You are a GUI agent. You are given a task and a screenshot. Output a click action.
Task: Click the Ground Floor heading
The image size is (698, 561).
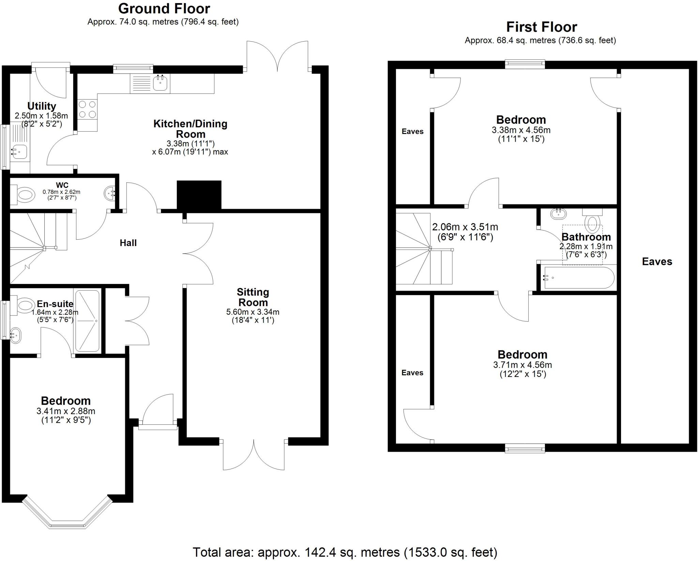click(164, 9)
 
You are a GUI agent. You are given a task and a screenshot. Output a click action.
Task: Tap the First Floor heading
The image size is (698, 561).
click(542, 27)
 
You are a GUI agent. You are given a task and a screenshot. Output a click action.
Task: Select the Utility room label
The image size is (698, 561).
click(42, 106)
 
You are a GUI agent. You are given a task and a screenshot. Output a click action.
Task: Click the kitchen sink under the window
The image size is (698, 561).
click(160, 83)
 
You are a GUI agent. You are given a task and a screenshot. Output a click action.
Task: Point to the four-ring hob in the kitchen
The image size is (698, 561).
click(87, 109)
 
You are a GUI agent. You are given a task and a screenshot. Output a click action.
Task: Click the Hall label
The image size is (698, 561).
click(128, 243)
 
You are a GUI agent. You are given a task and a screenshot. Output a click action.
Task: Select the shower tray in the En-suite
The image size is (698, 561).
click(87, 321)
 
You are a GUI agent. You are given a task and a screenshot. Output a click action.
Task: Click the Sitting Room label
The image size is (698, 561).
click(253, 297)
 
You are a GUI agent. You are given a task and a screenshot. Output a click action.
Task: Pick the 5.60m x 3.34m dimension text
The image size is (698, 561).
click(253, 312)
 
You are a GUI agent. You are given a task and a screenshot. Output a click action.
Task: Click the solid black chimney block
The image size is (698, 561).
click(199, 195)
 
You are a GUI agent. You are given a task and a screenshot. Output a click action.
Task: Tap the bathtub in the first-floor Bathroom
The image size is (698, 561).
click(579, 278)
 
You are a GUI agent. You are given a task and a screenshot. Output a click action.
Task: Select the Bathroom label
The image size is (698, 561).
click(586, 237)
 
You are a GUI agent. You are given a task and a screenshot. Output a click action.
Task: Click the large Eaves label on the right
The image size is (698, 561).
click(657, 261)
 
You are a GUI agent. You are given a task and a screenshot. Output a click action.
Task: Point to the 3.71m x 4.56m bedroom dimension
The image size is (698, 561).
click(522, 365)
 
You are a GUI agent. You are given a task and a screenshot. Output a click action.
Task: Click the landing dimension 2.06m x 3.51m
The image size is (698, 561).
click(465, 227)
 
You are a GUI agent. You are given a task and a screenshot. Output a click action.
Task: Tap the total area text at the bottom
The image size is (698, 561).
click(345, 552)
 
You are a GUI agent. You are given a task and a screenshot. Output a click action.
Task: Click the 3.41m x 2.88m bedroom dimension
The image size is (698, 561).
click(66, 411)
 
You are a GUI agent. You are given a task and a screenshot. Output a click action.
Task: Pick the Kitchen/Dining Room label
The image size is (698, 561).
click(190, 128)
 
